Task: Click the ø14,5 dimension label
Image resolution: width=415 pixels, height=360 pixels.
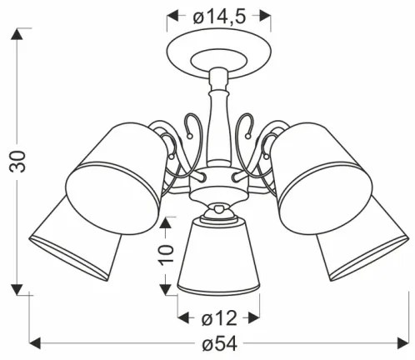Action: pos(218,14)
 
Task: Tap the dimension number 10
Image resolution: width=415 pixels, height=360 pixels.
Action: pos(167,250)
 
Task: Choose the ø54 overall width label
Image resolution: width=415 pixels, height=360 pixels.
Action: pos(219,343)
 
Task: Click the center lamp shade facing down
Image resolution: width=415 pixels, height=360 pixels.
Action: pos(218,254)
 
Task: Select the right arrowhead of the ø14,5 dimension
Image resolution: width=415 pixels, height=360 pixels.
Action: pos(266,14)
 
